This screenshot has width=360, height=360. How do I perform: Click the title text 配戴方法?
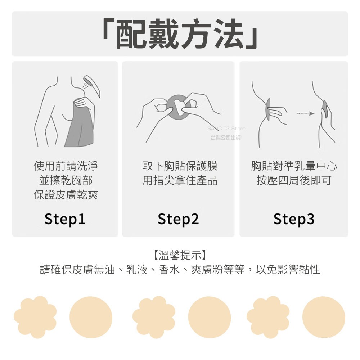click(180, 34)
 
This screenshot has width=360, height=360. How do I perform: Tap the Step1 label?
click(65, 219)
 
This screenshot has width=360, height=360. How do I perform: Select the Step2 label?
click(178, 219)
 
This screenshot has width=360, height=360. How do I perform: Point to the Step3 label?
click(294, 219)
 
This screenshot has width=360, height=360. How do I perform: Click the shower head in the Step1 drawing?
click(92, 85)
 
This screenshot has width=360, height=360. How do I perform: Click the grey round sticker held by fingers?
click(179, 107)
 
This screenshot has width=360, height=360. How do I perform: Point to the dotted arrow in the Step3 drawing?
click(305, 113)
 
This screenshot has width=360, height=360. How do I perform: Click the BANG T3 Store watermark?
click(226, 129)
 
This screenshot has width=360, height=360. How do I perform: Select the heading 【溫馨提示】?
click(180, 255)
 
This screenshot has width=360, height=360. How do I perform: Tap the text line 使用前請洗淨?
click(66, 166)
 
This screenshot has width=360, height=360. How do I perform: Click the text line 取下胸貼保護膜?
click(180, 166)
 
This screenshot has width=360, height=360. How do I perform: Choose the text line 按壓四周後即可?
click(294, 180)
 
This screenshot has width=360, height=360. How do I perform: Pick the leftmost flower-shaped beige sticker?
click(35, 317)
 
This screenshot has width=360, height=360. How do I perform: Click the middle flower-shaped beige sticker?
click(154, 317)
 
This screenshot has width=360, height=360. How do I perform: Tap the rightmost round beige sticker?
click(324, 317)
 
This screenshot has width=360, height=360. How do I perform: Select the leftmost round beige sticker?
click(91, 317)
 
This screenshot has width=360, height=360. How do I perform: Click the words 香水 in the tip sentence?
click(169, 270)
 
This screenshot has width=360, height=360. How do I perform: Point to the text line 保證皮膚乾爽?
click(66, 195)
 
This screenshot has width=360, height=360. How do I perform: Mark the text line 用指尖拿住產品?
click(180, 180)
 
